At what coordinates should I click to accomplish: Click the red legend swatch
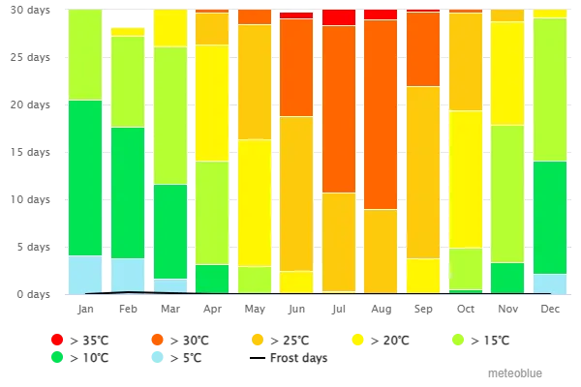pyautogui.click(x=56, y=341)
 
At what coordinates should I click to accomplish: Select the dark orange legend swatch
pyautogui.click(x=157, y=341)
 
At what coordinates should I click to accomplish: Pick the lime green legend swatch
pyautogui.click(x=457, y=341)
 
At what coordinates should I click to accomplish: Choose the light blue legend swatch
pyautogui.click(x=157, y=356)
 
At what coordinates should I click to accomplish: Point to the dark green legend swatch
pyautogui.click(x=56, y=356)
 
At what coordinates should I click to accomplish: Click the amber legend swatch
pyautogui.click(x=257, y=341)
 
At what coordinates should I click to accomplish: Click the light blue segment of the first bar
pyautogui.click(x=85, y=274)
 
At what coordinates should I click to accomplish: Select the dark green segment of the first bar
pyautogui.click(x=85, y=178)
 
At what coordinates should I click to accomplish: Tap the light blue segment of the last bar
pyautogui.click(x=549, y=283)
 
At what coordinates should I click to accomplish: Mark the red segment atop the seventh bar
pyautogui.click(x=338, y=17)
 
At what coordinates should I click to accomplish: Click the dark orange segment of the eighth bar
pyautogui.click(x=381, y=114)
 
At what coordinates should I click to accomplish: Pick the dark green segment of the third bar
pyautogui.click(x=170, y=231)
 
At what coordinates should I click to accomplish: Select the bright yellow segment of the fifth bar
pyautogui.click(x=255, y=203)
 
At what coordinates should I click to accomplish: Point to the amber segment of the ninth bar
pyautogui.click(x=423, y=172)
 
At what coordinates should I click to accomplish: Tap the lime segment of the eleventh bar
pyautogui.click(x=506, y=193)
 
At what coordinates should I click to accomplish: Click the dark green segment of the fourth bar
pyautogui.click(x=212, y=279)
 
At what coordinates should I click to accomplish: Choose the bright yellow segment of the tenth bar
pyautogui.click(x=465, y=179)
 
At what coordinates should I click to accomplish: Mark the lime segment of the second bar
pyautogui.click(x=127, y=82)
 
